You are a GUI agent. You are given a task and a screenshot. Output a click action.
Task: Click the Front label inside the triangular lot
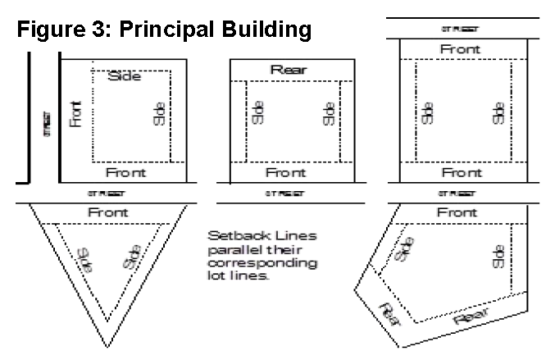[x=107, y=213]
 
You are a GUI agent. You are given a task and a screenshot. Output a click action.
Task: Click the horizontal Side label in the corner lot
[x=125, y=76]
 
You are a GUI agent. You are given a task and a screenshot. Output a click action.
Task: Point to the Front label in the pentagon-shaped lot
[x=457, y=212]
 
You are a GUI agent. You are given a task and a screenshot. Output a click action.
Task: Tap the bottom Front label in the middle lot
[x=285, y=173]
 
